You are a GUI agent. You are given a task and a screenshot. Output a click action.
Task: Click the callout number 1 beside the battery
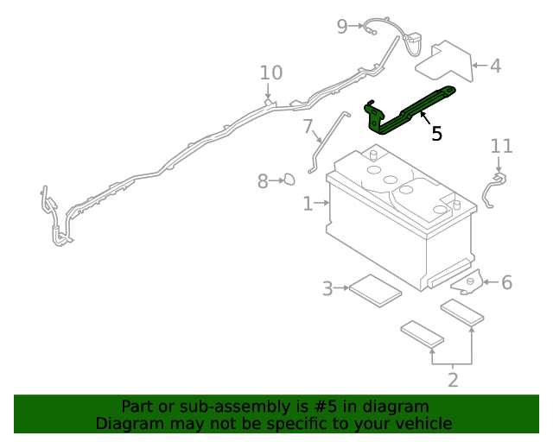pyautogui.click(x=308, y=204)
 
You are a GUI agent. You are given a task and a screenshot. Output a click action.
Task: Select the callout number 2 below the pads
pyautogui.click(x=452, y=379)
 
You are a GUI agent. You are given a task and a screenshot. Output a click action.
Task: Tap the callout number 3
pyautogui.click(x=327, y=288)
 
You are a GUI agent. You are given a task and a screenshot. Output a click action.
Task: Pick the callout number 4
pyautogui.click(x=495, y=66)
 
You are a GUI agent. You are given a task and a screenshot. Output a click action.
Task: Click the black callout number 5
pyautogui.click(x=436, y=133)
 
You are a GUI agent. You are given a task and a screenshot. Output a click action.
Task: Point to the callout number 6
pyautogui.click(x=506, y=282)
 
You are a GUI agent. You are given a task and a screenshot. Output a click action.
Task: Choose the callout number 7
pyautogui.click(x=308, y=127)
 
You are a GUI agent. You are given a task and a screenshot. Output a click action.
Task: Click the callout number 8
pyautogui.click(x=264, y=181)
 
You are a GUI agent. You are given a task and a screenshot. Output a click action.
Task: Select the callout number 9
pyautogui.click(x=342, y=26)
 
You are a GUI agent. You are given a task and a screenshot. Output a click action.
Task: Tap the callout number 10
pyautogui.click(x=270, y=73)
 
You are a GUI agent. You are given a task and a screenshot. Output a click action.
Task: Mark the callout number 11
pyautogui.click(x=501, y=146)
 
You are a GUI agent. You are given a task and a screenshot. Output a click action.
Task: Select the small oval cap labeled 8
pyautogui.click(x=290, y=180)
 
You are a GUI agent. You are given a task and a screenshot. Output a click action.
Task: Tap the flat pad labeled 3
pyautogui.click(x=374, y=288)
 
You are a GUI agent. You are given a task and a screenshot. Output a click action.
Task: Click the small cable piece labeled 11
pyautogui.click(x=493, y=190)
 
